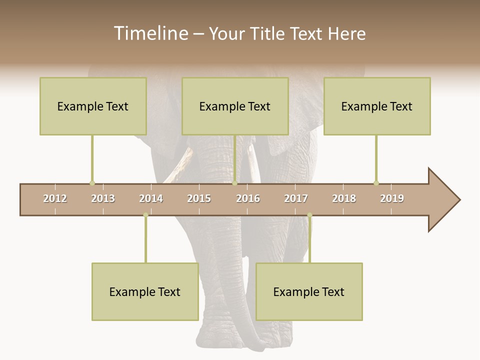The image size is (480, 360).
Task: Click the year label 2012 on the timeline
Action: point(55,198)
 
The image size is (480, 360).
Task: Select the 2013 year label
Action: point(103,198)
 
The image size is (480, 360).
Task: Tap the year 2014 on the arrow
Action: point(151,198)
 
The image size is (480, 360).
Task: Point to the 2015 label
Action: point(199,198)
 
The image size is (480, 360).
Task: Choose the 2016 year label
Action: point(248,198)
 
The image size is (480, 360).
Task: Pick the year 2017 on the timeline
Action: point(296,198)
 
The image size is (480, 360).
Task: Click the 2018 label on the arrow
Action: point(344,198)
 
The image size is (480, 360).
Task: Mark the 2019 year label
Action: point(392,198)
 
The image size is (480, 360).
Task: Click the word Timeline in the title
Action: point(150,33)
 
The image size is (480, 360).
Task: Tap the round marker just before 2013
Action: point(92,183)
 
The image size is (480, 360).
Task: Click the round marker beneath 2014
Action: point(145,215)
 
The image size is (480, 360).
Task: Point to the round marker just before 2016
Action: point(234,183)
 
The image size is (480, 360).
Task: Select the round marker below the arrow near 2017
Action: point(309,215)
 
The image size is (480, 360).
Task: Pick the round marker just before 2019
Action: point(376,183)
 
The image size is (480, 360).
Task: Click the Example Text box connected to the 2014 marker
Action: point(145,291)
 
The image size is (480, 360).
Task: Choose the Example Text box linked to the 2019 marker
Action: point(377,106)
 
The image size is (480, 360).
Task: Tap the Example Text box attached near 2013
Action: point(93,106)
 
